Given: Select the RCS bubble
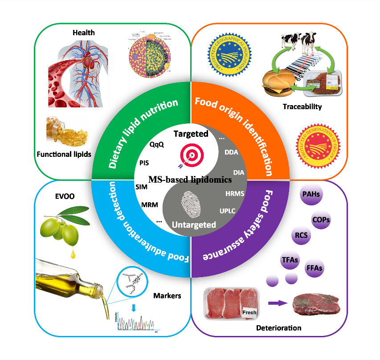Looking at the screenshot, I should click(x=302, y=235).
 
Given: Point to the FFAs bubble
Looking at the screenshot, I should click(x=314, y=268).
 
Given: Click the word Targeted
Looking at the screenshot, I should click(x=191, y=134).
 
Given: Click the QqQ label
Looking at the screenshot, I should click(x=157, y=144).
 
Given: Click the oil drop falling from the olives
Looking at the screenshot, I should click(x=71, y=254).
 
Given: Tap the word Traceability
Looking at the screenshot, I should click(x=302, y=107).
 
